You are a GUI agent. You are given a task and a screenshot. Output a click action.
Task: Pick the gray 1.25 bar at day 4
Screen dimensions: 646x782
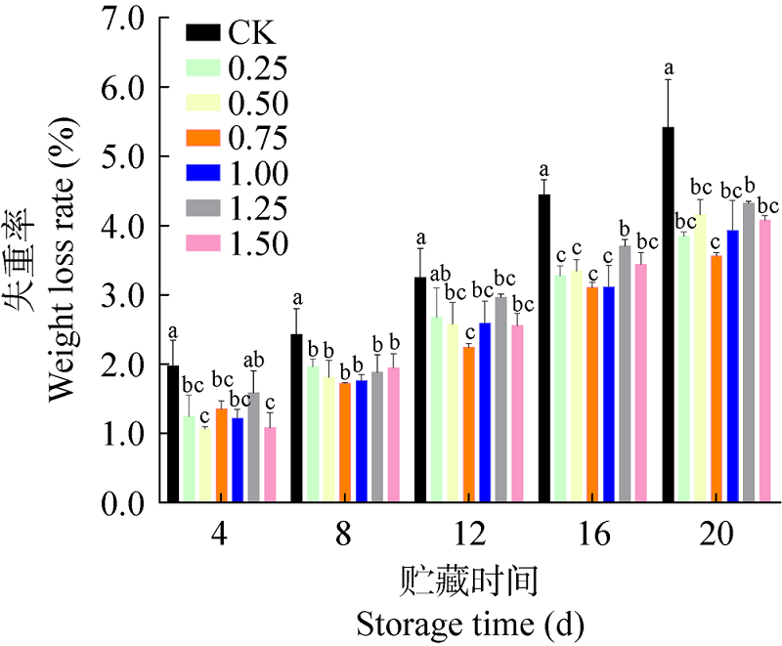click(x=253, y=448)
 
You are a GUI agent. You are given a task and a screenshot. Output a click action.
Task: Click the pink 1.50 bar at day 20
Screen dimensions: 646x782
click(x=765, y=361)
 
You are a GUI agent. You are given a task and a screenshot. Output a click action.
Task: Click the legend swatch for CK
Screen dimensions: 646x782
click(x=203, y=33)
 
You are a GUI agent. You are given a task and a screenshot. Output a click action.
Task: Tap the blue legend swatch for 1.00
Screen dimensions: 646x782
click(x=203, y=174)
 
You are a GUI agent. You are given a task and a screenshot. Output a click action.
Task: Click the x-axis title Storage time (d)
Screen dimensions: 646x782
click(x=470, y=622)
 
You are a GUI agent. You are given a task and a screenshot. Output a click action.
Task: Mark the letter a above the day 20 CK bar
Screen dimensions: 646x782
click(x=670, y=68)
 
